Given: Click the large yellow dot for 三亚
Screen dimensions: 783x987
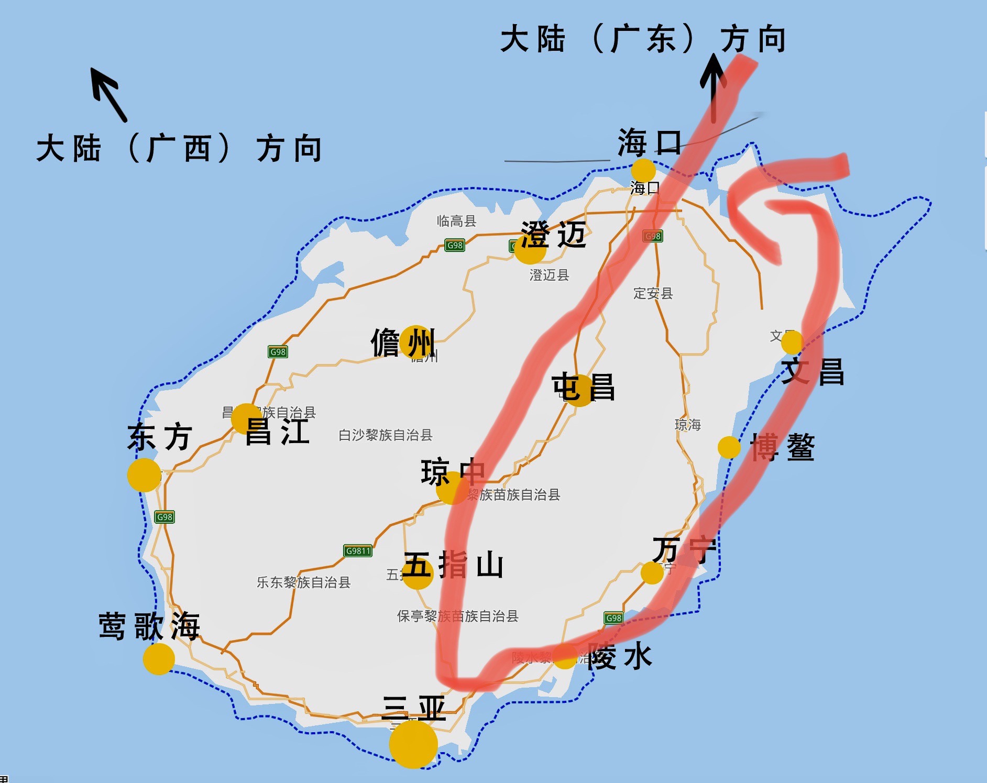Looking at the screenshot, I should pyautogui.click(x=413, y=744).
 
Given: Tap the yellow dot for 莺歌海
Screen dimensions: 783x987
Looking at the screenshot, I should pyautogui.click(x=159, y=659).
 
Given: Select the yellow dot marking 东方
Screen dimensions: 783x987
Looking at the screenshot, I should pyautogui.click(x=144, y=475).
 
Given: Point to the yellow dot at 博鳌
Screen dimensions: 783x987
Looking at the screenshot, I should pyautogui.click(x=729, y=447).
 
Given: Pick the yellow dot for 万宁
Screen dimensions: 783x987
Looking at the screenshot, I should pyautogui.click(x=652, y=572).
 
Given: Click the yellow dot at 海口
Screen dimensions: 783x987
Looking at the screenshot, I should pyautogui.click(x=643, y=171).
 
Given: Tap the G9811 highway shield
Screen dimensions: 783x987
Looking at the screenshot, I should pyautogui.click(x=358, y=551).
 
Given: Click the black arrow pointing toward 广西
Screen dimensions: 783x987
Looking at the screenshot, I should pyautogui.click(x=108, y=94).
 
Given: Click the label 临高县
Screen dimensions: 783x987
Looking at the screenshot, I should pyautogui.click(x=456, y=221).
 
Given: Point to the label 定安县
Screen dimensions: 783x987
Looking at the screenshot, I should pyautogui.click(x=653, y=293).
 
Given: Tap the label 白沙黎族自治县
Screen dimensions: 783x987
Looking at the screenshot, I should pyautogui.click(x=385, y=435).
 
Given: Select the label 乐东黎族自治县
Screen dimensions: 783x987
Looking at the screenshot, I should pyautogui.click(x=303, y=582).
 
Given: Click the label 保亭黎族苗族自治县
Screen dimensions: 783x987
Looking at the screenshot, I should pyautogui.click(x=457, y=616).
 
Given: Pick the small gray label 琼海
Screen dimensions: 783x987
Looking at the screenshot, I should pyautogui.click(x=687, y=424).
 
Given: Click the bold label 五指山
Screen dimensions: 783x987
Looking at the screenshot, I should pyautogui.click(x=453, y=566).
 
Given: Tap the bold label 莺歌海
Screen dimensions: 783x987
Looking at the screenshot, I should pyautogui.click(x=150, y=626).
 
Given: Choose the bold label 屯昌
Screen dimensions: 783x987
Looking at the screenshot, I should pyautogui.click(x=583, y=387).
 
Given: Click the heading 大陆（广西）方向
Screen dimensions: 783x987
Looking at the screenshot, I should pyautogui.click(x=179, y=149).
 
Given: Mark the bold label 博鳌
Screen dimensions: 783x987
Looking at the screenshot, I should pyautogui.click(x=782, y=447).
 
